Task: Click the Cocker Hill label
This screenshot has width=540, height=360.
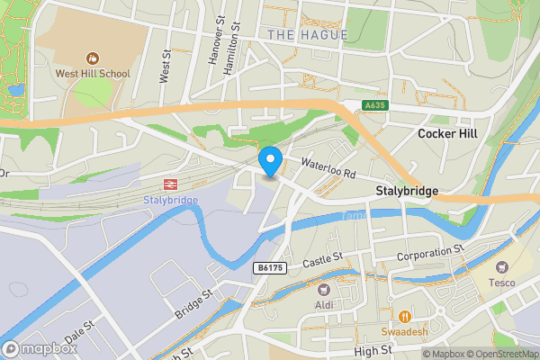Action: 447,133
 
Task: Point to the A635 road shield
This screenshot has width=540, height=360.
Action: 377,106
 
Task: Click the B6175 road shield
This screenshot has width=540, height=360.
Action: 269,268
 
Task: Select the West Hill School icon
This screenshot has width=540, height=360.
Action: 92,58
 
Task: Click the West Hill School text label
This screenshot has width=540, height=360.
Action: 92,74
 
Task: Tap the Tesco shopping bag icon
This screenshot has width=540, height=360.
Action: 502,267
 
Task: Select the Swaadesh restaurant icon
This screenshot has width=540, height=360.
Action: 405,316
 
